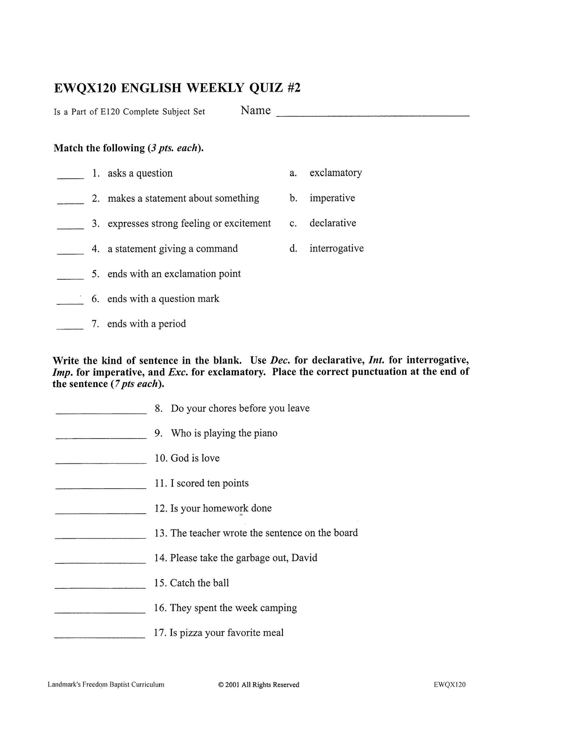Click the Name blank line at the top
373,115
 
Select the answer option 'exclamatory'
335,173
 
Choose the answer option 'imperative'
332,198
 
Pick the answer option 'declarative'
333,223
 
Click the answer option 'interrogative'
336,248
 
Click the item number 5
95,274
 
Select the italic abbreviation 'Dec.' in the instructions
280,360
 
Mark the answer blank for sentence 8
101,411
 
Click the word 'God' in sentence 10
180,458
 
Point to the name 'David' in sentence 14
304,558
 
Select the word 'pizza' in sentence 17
190,632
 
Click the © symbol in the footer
221,685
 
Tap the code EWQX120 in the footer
449,685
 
